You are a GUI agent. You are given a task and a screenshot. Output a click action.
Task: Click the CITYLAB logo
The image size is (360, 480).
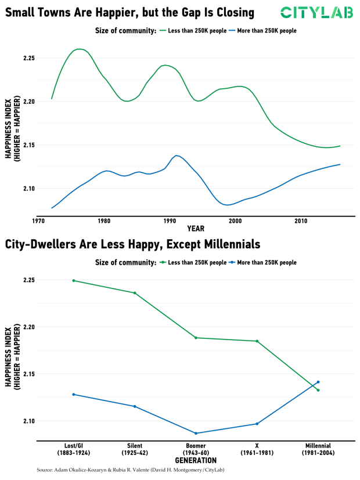pos(316,12)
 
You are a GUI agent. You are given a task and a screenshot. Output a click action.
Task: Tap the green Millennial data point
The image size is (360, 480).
pos(318,390)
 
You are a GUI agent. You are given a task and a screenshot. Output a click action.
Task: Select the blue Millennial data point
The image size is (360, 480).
pos(318,382)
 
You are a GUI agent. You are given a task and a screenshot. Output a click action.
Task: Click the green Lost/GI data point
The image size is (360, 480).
pos(74,280)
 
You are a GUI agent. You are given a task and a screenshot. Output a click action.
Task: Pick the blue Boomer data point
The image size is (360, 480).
pos(196,433)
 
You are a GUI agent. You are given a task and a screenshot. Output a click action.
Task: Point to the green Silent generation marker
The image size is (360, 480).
pos(135,293)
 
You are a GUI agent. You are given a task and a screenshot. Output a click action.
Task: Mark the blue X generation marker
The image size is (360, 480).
pos(257,424)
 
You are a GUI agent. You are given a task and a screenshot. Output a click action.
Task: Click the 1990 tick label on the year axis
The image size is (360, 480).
pos(170,221)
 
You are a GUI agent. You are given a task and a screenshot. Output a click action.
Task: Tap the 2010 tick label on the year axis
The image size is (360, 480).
pos(301,221)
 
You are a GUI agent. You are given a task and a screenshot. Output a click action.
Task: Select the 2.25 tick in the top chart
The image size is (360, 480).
pos(28,58)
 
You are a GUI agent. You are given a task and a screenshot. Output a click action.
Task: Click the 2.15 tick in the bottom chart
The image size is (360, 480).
pos(28,374)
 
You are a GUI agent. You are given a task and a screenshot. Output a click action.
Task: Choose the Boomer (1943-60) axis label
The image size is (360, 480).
pos(196,449)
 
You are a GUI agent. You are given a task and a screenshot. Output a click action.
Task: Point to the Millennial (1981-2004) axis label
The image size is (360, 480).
pos(318,449)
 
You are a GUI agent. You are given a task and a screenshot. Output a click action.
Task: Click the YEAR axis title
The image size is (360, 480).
pos(195,229)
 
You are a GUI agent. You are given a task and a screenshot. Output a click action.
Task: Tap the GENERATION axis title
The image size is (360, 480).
pos(195,460)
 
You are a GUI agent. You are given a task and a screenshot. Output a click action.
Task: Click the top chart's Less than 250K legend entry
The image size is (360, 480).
pos(195,30)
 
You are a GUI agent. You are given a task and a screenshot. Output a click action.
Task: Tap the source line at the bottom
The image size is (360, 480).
pos(130,470)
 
